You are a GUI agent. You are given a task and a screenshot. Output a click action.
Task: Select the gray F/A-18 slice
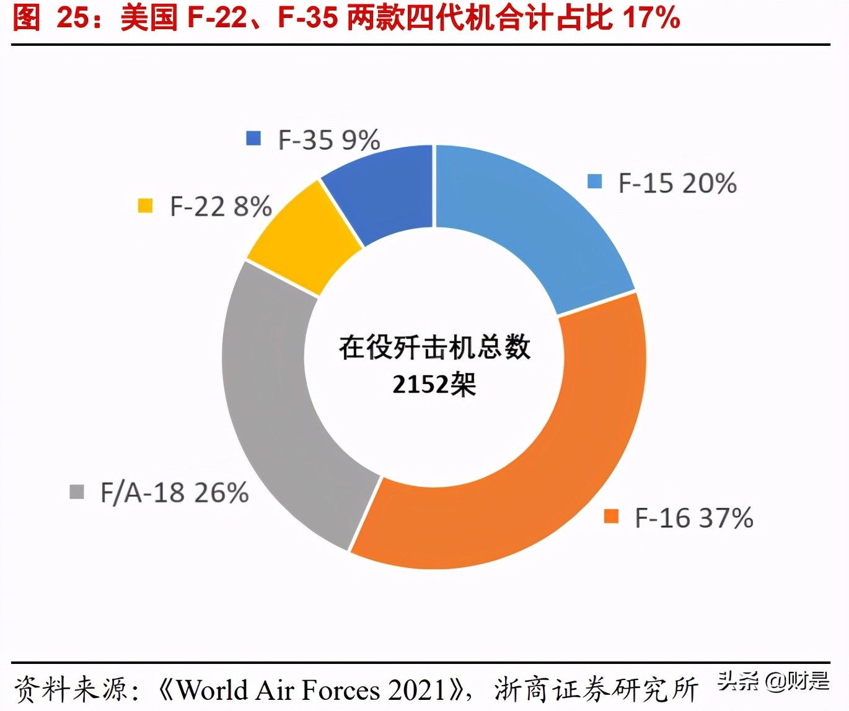point(273,396)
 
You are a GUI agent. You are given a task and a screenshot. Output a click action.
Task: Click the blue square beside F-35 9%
point(253,138)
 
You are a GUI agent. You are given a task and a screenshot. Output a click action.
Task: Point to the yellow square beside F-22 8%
point(145,205)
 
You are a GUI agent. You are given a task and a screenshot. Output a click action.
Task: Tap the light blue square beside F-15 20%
point(594,181)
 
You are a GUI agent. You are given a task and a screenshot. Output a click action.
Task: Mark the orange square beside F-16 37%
point(611,516)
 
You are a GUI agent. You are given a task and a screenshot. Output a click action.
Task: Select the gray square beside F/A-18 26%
point(76,492)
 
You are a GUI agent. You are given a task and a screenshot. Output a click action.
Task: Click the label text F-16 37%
point(694,518)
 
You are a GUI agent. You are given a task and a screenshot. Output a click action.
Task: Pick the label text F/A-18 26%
point(175,493)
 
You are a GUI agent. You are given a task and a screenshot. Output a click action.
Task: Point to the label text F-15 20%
point(677,183)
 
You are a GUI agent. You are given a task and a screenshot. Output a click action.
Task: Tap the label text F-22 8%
point(221,207)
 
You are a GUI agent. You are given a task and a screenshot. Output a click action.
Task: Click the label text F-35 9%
point(329,141)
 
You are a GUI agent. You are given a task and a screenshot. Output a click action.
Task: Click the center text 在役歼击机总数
point(434,347)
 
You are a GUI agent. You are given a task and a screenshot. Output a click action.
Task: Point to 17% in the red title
point(652,17)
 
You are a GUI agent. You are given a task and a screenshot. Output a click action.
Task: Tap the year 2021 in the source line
point(418,689)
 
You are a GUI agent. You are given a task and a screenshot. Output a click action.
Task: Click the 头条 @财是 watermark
point(773,682)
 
